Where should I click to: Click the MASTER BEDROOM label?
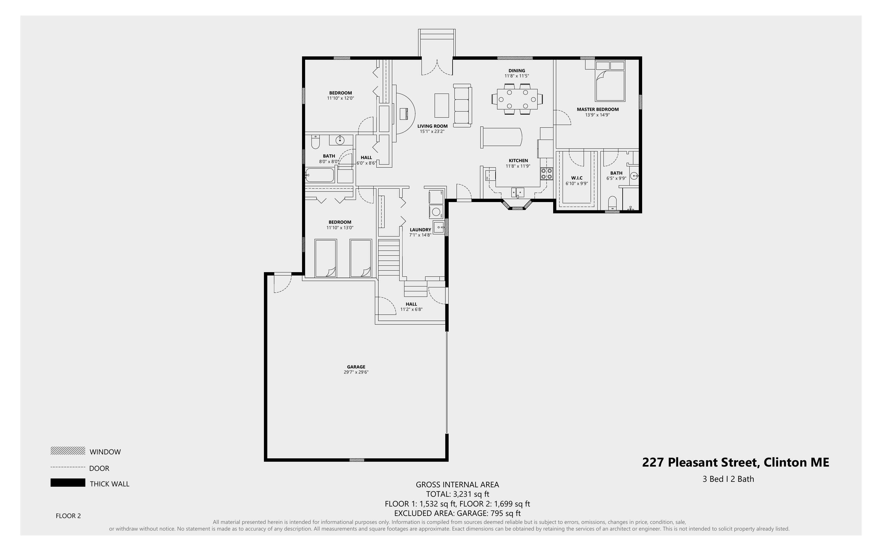[x=597, y=109]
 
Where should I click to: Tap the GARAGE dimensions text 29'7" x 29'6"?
[x=356, y=372]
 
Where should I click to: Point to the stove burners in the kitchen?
[x=546, y=173]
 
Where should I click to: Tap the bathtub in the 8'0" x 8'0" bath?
[x=320, y=175]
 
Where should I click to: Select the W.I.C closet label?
[x=577, y=178]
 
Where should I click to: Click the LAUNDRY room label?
[x=420, y=229]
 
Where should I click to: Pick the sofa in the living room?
[x=463, y=106]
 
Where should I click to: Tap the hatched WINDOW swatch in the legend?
[x=68, y=451]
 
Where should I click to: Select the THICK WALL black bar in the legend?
[x=68, y=483]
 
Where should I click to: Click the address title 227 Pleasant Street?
[x=735, y=462]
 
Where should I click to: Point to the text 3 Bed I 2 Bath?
[x=728, y=479]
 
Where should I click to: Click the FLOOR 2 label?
[x=68, y=516]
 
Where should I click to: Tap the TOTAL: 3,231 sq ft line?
[x=457, y=494]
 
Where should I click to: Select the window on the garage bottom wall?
[x=357, y=460]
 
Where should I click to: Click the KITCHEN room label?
[x=518, y=161]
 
